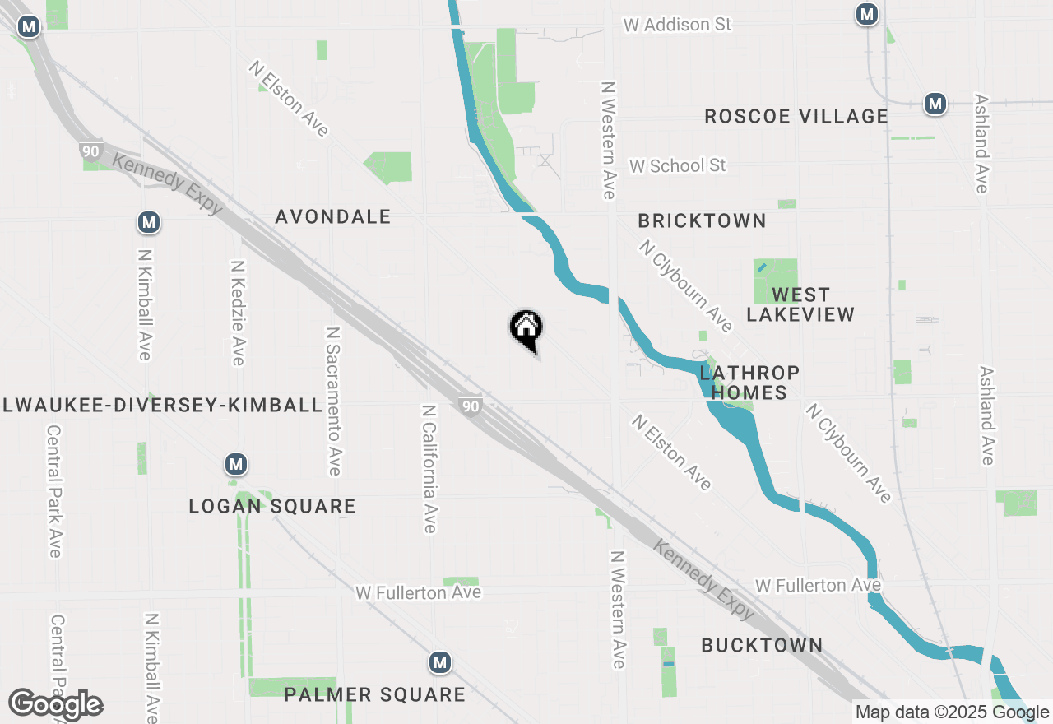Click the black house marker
(526, 330)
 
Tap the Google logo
(56, 704)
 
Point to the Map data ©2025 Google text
(952, 712)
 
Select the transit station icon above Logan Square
(236, 465)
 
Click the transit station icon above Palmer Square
(440, 662)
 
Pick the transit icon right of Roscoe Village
(934, 104)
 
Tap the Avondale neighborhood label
(333, 217)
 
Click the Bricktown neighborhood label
(702, 221)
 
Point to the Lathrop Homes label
(749, 383)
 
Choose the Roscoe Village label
(796, 117)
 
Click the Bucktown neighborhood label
(762, 645)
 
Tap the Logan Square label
(272, 506)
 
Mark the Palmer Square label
(374, 695)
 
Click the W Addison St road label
(677, 25)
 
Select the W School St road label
(678, 166)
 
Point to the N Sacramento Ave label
(333, 401)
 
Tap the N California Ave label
(429, 468)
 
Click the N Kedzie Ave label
(238, 313)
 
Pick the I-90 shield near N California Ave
(470, 406)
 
